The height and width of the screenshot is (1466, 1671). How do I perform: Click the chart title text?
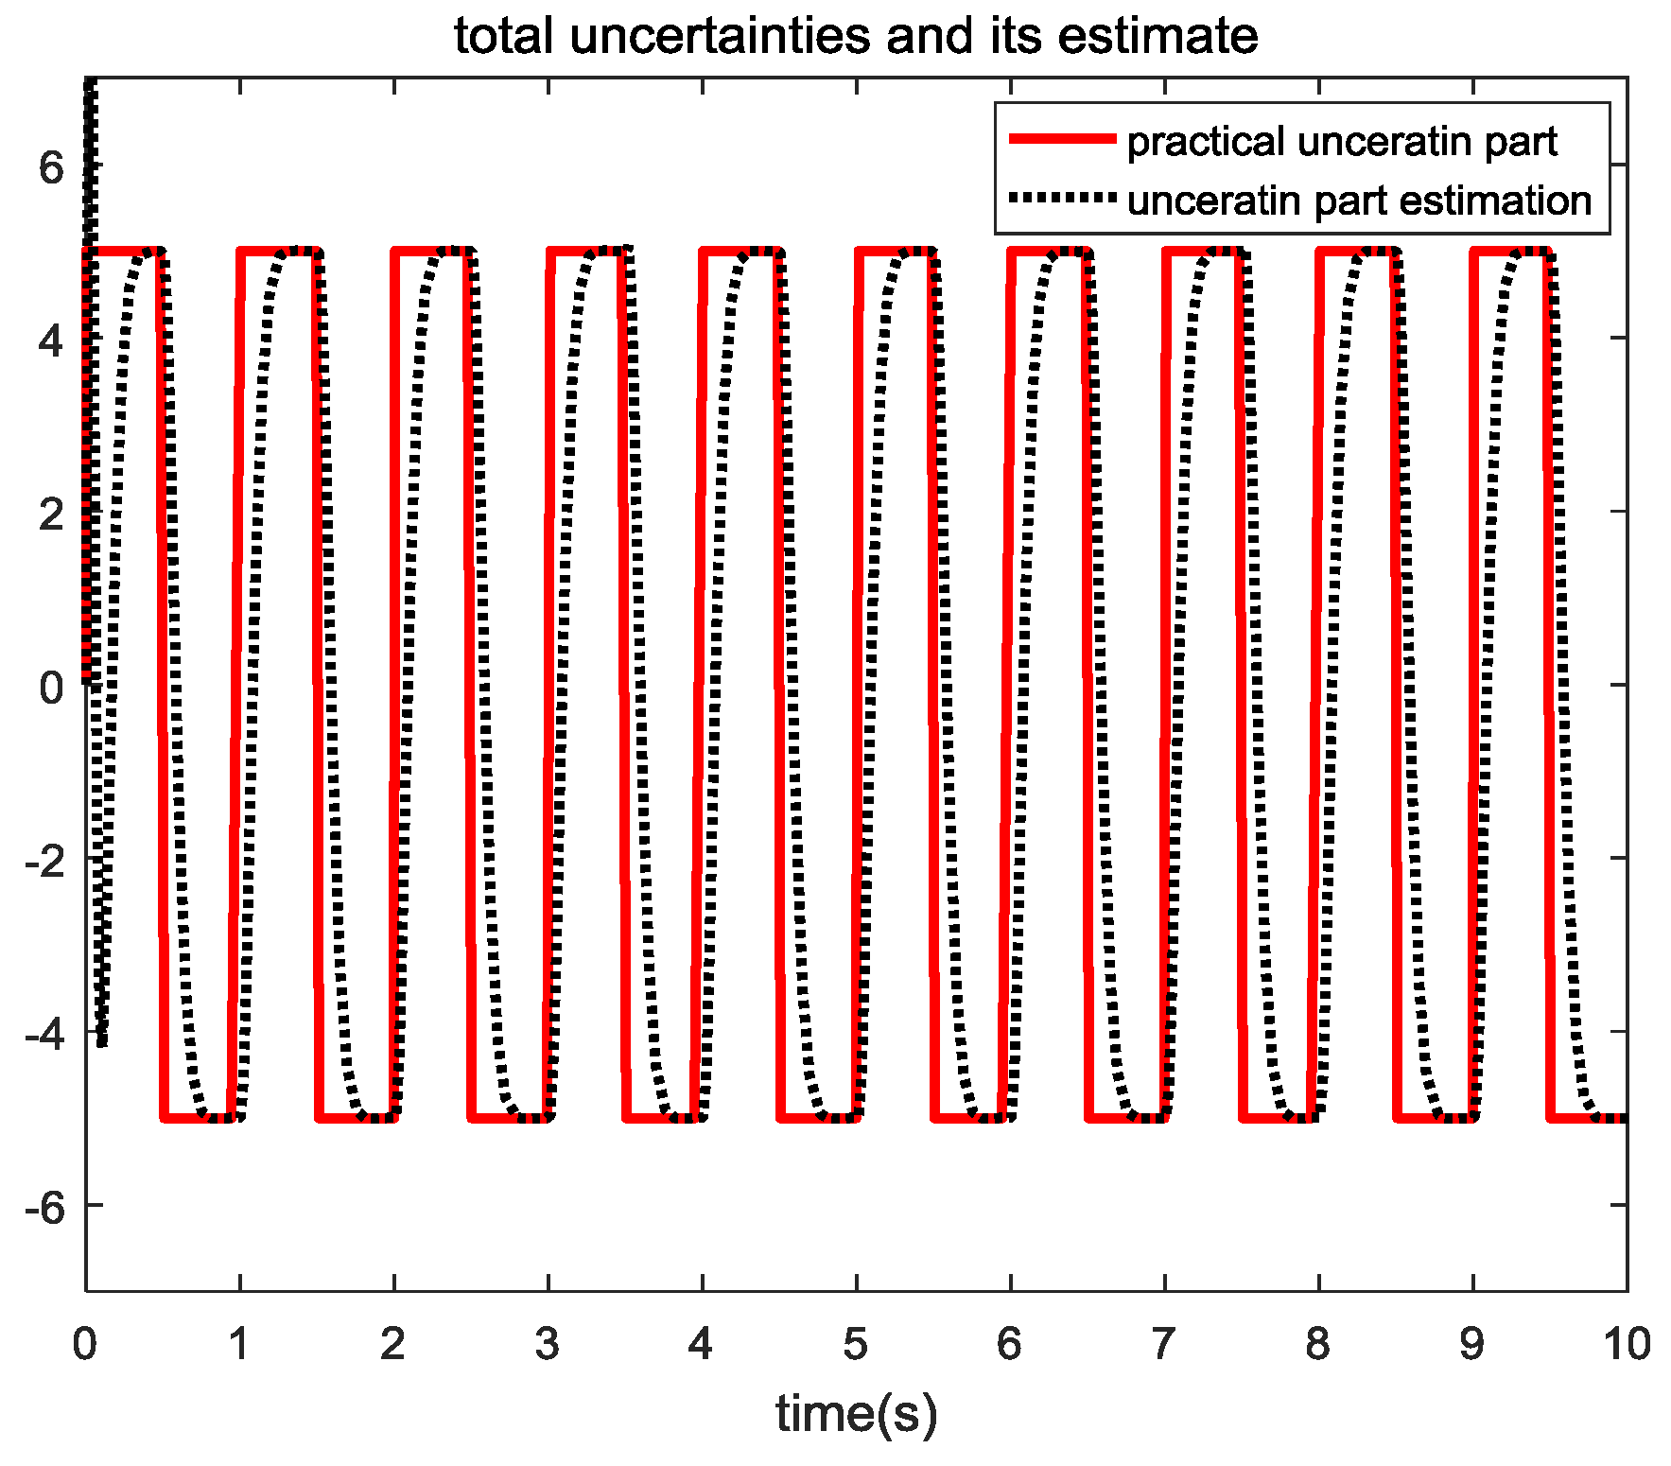pos(855,37)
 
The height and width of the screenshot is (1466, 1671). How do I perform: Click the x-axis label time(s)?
pos(856,1414)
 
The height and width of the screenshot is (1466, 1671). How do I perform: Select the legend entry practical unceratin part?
pos(1342,141)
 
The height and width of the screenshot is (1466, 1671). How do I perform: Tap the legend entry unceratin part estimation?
pos(1359,201)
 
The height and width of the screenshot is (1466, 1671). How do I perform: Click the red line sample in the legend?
pos(1063,140)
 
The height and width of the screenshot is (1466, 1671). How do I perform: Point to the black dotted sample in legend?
pos(1063,199)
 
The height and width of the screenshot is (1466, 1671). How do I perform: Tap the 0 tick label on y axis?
pos(51,687)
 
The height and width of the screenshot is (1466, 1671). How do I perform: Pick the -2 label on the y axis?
pos(45,860)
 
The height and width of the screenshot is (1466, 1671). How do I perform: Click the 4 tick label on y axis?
pos(51,340)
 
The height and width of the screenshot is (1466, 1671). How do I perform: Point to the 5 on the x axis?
pos(855,1344)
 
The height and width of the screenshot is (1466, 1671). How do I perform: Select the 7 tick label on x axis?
pos(1163,1344)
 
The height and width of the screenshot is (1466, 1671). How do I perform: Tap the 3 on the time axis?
pos(547,1344)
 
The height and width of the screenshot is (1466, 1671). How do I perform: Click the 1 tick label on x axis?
pos(238,1344)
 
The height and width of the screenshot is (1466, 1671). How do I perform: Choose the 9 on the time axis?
pos(1471,1344)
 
